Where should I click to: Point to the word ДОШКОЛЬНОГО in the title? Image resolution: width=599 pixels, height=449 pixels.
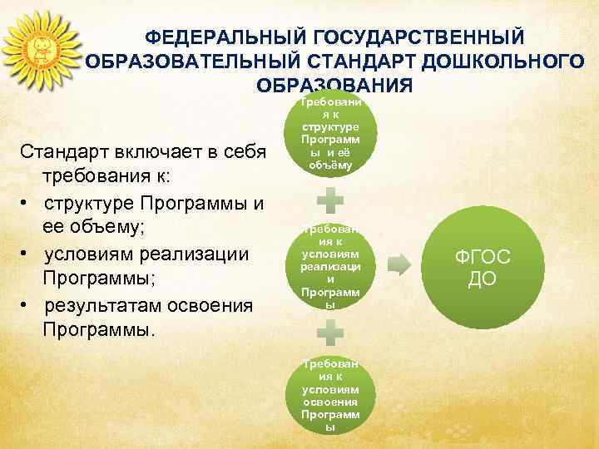[x=502, y=62]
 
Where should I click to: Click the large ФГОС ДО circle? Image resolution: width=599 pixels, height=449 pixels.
[x=483, y=265]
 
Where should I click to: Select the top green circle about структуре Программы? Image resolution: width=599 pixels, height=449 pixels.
[x=331, y=133]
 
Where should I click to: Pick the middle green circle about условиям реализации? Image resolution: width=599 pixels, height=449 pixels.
[x=331, y=265]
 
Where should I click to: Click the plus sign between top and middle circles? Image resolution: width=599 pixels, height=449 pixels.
[x=331, y=200]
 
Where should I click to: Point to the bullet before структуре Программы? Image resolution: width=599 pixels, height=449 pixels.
[x=26, y=203]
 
